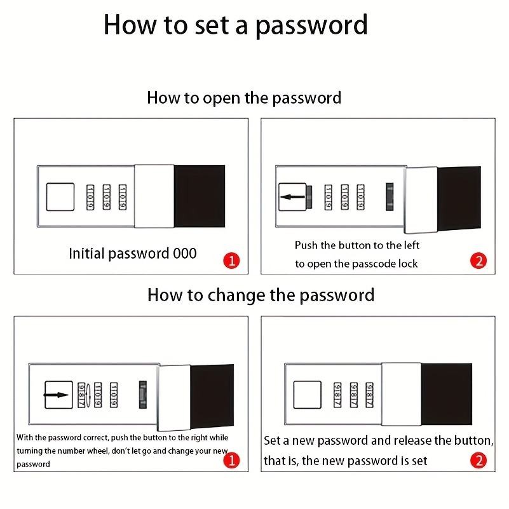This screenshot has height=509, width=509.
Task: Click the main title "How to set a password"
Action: click(235, 25)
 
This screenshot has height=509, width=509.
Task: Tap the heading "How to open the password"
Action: click(244, 98)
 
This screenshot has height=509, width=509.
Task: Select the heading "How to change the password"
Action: click(261, 295)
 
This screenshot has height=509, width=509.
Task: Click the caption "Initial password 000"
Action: click(133, 254)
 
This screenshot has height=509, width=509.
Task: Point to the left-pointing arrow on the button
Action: click(292, 197)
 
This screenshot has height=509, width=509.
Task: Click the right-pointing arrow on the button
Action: click(56, 395)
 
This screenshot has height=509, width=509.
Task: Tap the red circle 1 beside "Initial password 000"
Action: click(231, 261)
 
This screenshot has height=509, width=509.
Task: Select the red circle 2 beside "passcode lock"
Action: click(478, 261)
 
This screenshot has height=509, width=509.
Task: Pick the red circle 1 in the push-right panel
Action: click(231, 460)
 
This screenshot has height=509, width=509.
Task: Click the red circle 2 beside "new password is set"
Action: click(478, 460)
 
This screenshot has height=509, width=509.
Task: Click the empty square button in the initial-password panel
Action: click(60, 197)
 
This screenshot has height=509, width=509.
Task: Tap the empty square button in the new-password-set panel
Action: click(307, 395)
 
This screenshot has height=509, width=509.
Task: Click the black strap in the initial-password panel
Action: click(200, 196)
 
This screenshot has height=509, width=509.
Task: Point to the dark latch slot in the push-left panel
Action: click(390, 197)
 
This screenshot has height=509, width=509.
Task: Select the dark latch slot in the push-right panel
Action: click(142, 395)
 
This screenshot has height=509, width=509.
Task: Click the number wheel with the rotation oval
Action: click(82, 395)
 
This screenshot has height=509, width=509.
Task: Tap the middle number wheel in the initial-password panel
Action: click(107, 197)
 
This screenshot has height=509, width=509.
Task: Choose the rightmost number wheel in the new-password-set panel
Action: click(369, 395)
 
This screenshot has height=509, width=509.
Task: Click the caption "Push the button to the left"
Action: click(357, 245)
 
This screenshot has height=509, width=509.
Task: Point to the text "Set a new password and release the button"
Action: click(379, 441)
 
